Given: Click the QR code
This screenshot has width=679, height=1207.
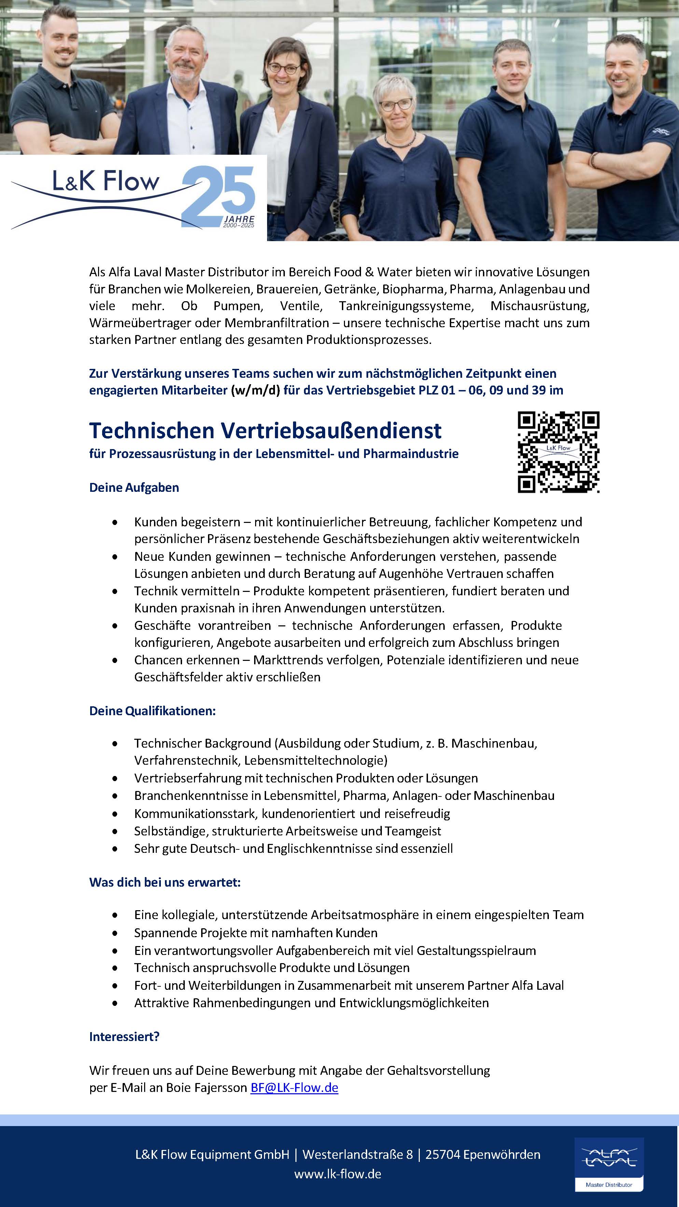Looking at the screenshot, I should (x=558, y=452).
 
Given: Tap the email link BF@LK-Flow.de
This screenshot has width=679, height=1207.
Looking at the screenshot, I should (x=294, y=1087).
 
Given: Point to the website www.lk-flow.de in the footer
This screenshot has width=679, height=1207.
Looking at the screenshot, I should (x=337, y=1174).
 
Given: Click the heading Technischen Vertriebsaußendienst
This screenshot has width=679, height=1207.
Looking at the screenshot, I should (x=265, y=430).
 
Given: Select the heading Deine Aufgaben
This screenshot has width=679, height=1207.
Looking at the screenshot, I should (x=134, y=487).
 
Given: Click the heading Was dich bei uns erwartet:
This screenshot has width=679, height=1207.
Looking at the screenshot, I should (x=165, y=882).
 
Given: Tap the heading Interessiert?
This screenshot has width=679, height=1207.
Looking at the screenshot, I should (x=124, y=1037).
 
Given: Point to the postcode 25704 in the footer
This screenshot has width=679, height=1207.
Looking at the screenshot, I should (x=442, y=1154).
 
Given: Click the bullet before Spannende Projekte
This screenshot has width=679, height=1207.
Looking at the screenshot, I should (x=115, y=933).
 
